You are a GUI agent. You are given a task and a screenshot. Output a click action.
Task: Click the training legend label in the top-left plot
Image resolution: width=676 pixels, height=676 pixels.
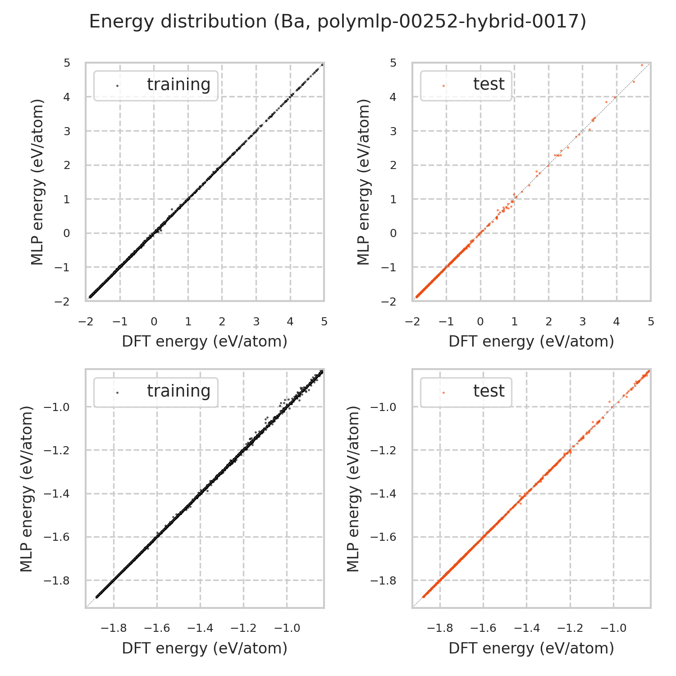(178, 85)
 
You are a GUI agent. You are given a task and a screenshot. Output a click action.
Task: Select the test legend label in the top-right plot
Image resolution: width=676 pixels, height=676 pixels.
(489, 84)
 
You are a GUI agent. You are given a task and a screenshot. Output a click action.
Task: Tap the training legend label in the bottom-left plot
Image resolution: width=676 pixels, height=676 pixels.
(178, 391)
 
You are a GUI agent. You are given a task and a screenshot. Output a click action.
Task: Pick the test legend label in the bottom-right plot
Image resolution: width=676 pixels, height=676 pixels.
(489, 391)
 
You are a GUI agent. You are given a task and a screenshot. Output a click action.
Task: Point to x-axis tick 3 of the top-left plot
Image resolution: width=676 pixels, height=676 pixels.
(256, 322)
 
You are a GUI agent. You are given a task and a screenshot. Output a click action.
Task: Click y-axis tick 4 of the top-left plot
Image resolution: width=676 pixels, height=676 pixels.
(67, 97)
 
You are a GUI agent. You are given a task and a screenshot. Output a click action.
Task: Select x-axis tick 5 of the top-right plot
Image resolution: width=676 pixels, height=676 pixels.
(650, 322)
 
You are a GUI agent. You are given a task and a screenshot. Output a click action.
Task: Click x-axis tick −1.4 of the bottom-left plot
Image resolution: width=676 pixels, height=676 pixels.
(201, 628)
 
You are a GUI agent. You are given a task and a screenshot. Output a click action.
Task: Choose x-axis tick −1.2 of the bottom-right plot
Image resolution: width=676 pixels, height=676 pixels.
(570, 628)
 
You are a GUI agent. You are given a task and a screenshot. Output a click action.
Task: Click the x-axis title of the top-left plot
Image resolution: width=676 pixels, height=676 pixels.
(205, 342)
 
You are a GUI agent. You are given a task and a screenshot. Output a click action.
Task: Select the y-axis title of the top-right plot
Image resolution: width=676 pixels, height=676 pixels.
(364, 182)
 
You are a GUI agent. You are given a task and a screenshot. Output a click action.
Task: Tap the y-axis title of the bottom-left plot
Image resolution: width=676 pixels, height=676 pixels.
(27, 489)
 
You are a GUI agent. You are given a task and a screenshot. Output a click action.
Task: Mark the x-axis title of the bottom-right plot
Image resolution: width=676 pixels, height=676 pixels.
(531, 648)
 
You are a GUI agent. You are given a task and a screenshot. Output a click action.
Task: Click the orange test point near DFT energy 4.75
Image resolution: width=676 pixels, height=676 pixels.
(642, 65)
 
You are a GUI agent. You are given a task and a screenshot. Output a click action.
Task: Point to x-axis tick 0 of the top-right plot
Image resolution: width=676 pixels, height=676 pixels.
(480, 322)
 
